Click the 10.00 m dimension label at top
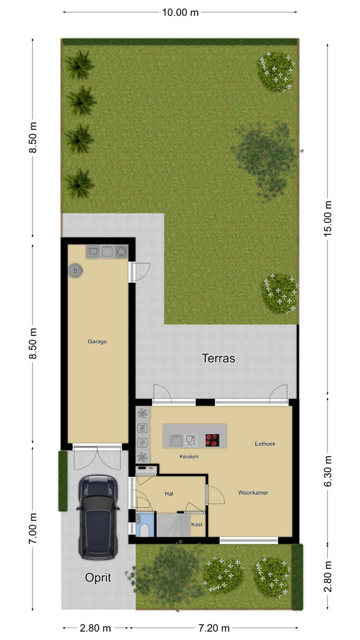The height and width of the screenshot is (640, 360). (180, 12)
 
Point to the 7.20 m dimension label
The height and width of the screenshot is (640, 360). (213, 628)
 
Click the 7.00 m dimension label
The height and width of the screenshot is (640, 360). (33, 528)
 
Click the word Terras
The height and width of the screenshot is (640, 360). (218, 358)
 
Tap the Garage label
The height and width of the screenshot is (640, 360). (97, 341)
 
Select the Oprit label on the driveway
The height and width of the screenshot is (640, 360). (97, 578)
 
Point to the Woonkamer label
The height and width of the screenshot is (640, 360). (253, 492)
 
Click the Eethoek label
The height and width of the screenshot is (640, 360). (265, 443)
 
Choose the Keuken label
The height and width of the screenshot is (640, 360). (189, 456)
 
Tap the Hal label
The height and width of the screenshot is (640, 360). (169, 493)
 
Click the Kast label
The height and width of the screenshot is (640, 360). (197, 524)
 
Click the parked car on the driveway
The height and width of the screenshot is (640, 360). (98, 516)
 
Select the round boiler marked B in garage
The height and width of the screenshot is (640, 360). (75, 271)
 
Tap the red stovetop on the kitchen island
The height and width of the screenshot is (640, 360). (212, 440)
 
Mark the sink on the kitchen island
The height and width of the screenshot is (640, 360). (176, 440)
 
